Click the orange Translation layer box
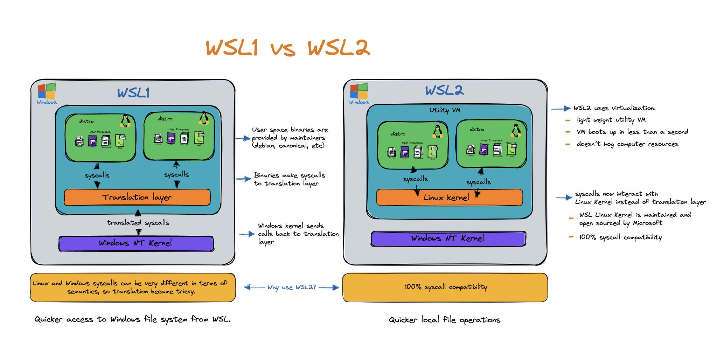tap(137, 198)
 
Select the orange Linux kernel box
tap(449, 198)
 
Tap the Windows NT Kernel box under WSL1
tap(136, 243)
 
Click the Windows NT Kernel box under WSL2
tap(448, 238)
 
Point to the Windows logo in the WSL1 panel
tap(47, 91)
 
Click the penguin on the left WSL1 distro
tap(125, 120)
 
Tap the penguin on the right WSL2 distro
tap(515, 130)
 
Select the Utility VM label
tap(445, 110)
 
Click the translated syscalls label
tap(138, 223)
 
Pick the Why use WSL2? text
tap(292, 288)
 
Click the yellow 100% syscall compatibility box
tap(445, 288)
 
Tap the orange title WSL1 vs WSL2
tap(288, 48)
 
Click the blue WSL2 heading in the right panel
tap(444, 91)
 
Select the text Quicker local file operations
tap(444, 320)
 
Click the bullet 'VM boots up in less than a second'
tap(632, 132)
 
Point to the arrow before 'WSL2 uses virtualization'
tap(561, 109)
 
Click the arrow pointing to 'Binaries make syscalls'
tap(243, 179)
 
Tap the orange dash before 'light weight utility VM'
tap(568, 120)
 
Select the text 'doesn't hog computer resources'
tap(627, 144)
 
